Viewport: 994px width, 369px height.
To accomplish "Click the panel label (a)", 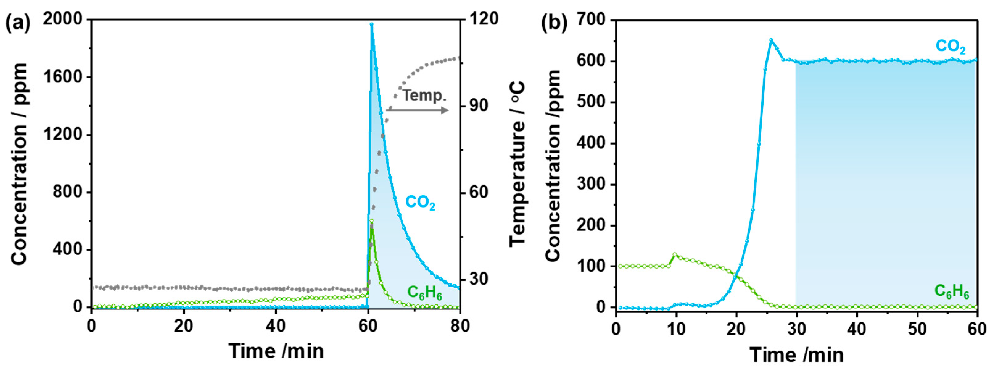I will coord(18,24).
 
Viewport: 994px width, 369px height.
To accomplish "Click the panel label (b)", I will coord(554,24).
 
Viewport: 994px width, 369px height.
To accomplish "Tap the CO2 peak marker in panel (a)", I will coord(372,24).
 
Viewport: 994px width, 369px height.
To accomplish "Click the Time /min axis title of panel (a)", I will coord(276,351).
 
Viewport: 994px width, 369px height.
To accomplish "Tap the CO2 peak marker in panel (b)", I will coord(771,40).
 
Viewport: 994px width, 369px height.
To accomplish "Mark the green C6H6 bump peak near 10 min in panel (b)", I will coord(674,254).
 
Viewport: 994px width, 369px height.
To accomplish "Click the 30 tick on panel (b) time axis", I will coord(796,329).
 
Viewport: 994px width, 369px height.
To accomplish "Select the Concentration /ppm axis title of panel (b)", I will coord(553,166).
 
